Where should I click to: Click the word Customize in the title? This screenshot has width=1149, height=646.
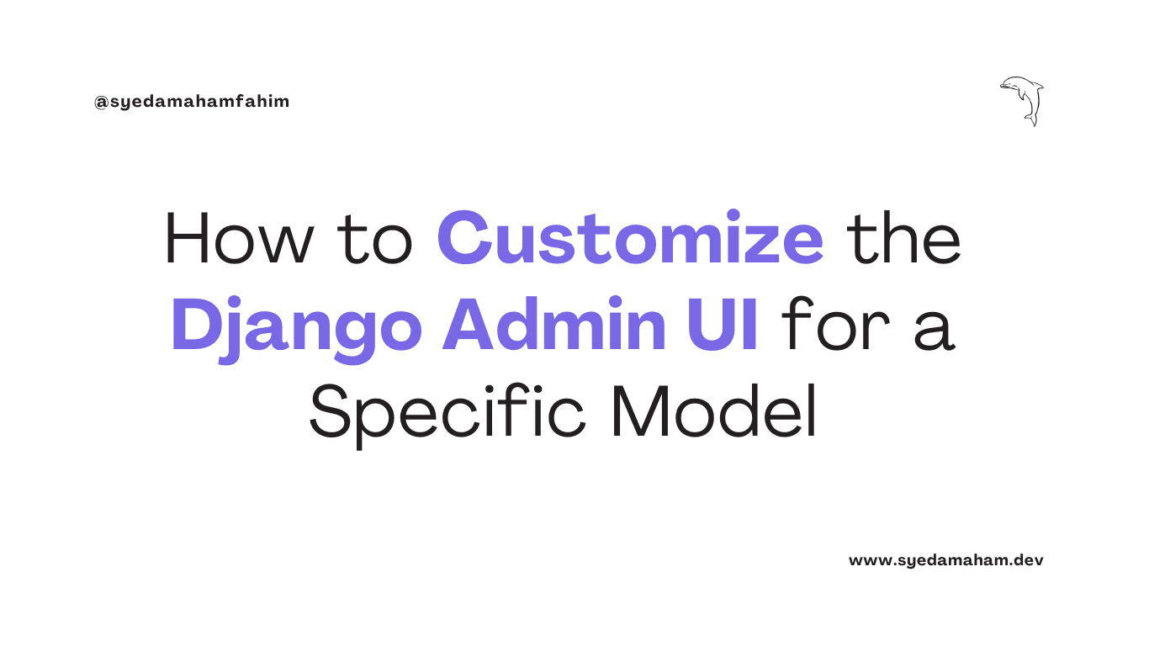[630, 238]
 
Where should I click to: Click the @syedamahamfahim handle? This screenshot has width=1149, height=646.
[192, 102]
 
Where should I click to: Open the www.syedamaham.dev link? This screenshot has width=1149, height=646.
[945, 559]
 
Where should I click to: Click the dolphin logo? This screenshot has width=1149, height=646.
[1022, 98]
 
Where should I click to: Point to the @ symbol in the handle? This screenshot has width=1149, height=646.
[100, 102]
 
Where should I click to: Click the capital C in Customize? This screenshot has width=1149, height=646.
[468, 239]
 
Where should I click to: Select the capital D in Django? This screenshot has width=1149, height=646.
[194, 325]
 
